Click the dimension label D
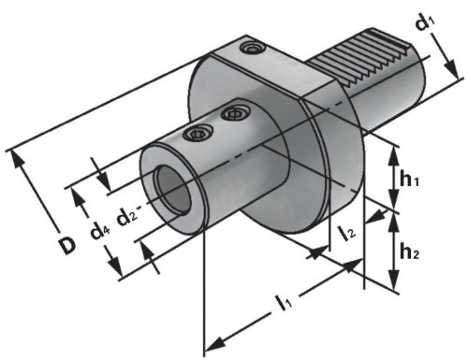67,245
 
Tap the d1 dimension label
426,22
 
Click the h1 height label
409,179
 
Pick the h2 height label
409,252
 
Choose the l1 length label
284,302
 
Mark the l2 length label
347,234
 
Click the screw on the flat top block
254,49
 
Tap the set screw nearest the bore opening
197,135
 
